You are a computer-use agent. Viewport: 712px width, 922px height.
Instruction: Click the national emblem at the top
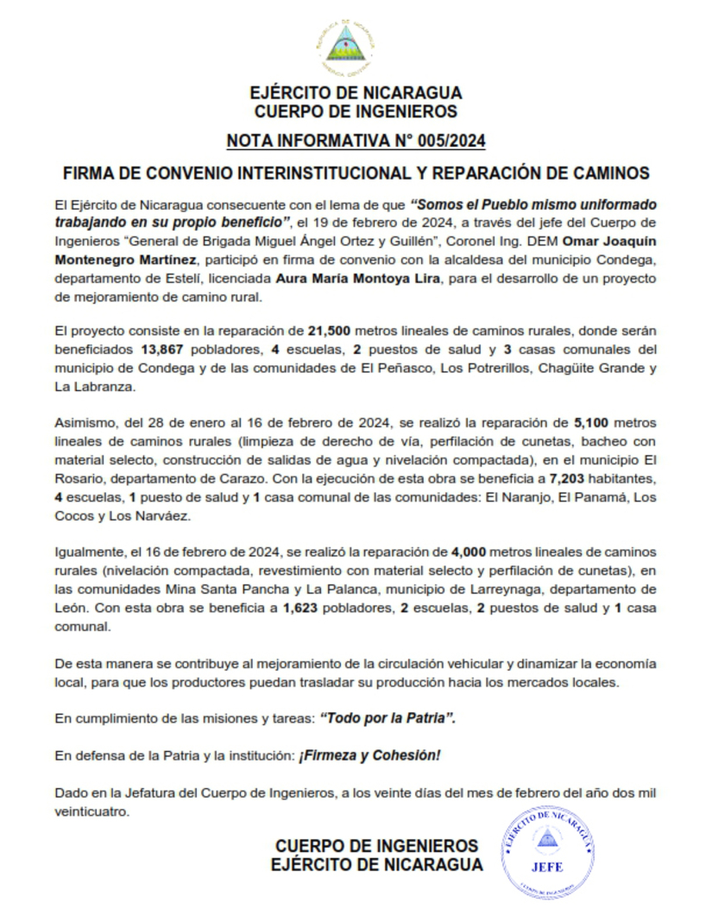(346, 49)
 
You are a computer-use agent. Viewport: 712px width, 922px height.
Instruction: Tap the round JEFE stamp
(548, 855)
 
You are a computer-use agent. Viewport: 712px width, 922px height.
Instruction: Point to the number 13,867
(161, 350)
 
